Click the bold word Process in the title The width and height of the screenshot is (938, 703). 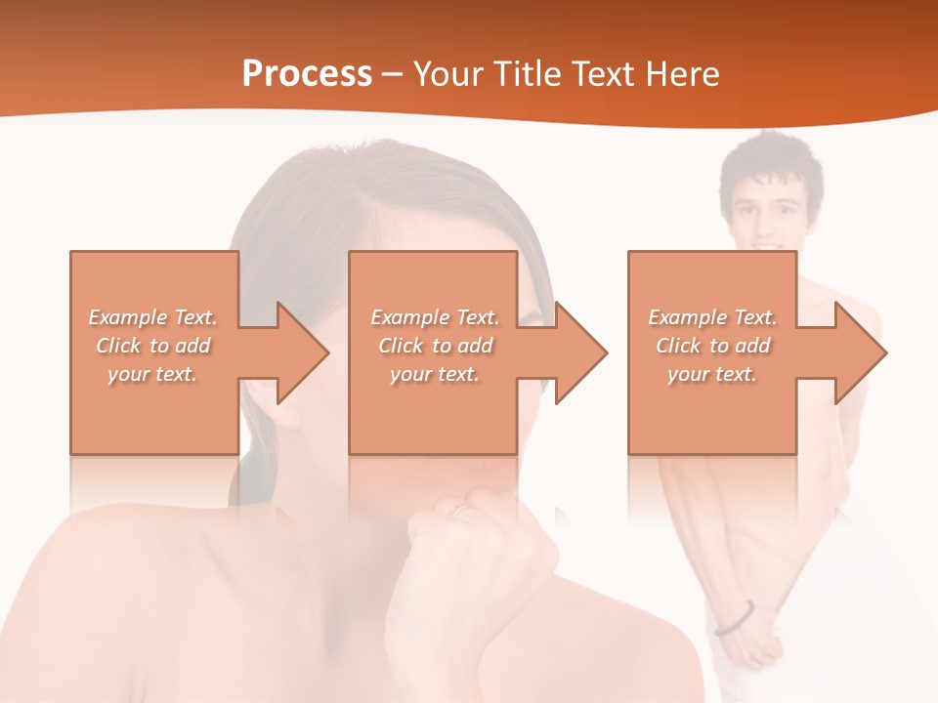click(x=307, y=74)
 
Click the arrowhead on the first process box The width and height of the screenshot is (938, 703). click(x=303, y=352)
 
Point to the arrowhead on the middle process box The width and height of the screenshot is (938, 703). click(x=581, y=352)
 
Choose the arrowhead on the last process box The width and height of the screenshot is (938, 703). click(x=861, y=352)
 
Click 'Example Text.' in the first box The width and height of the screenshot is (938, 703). click(x=152, y=317)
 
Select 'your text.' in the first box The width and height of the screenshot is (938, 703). click(x=152, y=374)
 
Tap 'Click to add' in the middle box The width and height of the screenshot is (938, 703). click(x=435, y=346)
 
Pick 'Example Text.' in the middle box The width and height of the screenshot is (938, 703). click(x=435, y=317)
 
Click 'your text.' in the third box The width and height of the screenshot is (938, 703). click(x=712, y=374)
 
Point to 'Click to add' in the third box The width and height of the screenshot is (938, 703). click(x=712, y=346)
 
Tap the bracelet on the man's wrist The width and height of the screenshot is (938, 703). click(x=734, y=618)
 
